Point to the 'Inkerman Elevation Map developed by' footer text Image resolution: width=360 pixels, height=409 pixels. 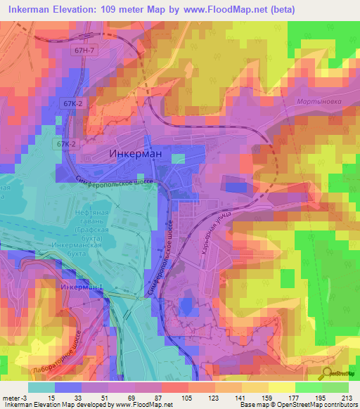pyautogui.click(x=56, y=405)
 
